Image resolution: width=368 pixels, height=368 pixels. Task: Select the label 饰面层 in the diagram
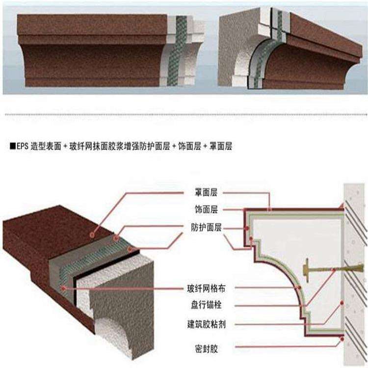click(x=207, y=210)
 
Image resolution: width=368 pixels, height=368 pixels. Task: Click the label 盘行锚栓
click(x=207, y=305)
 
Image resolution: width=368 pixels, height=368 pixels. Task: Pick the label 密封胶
click(x=207, y=349)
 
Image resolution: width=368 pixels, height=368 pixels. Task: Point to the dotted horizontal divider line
click(x=184, y=115)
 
